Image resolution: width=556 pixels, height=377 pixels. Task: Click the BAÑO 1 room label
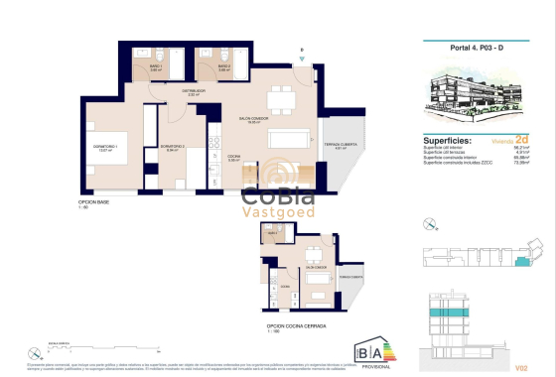tap(155, 67)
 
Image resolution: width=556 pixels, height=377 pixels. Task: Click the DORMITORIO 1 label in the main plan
tap(105, 148)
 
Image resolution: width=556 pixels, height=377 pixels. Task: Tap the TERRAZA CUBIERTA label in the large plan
tap(340, 147)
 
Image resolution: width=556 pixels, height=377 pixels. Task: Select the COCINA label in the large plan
tap(234, 157)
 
